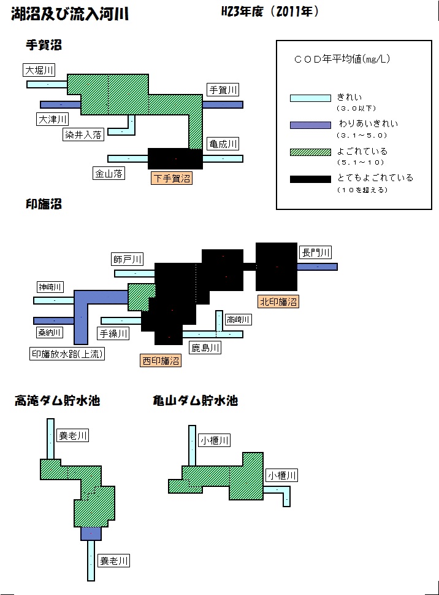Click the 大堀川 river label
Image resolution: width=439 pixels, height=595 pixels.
(x=39, y=70)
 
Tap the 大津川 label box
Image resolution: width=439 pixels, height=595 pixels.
(x=53, y=119)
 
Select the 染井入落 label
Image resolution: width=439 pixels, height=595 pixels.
(x=83, y=134)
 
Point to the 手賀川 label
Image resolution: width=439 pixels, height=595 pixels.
(x=223, y=90)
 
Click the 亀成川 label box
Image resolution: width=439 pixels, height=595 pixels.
(x=223, y=144)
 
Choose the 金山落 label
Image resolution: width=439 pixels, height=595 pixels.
(x=109, y=173)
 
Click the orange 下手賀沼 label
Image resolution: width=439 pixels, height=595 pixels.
(x=172, y=178)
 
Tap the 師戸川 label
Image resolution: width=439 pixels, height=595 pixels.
(x=128, y=259)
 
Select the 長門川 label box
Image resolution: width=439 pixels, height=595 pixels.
(x=316, y=252)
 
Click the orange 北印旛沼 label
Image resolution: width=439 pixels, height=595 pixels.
(x=278, y=301)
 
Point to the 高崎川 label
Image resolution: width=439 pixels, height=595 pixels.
(x=238, y=319)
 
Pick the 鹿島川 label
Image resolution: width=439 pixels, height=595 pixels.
(x=205, y=348)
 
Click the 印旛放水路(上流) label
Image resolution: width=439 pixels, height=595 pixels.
(x=67, y=354)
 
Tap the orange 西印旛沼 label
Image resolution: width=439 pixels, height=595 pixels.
(x=161, y=360)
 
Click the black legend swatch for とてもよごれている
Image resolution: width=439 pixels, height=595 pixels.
(x=311, y=179)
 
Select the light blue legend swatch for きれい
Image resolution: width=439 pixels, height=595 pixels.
(x=311, y=98)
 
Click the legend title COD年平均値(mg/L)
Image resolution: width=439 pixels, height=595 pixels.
(x=342, y=59)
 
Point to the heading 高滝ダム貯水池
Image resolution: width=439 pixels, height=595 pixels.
(x=57, y=401)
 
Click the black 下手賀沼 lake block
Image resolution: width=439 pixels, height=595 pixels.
(x=175, y=158)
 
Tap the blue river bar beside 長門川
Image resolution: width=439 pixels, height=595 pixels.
(x=317, y=266)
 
